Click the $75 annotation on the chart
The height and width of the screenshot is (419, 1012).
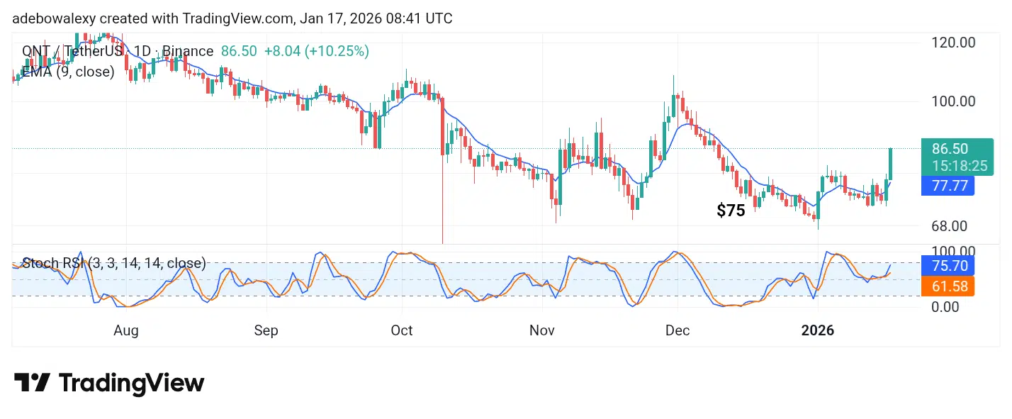coord(731,211)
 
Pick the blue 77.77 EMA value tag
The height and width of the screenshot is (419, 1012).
coord(949,186)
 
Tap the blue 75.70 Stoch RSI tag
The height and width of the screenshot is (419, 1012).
coord(949,266)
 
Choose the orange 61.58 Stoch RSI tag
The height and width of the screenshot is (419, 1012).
coord(949,286)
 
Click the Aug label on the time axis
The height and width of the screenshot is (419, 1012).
coord(125,330)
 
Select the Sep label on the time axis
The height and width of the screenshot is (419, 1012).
coord(266,330)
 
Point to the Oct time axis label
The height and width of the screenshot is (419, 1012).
coord(402,330)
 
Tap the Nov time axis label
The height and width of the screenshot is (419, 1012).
coord(543,330)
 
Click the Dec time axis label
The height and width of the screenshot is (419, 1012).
coord(678,330)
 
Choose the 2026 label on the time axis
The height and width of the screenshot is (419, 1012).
coord(817,330)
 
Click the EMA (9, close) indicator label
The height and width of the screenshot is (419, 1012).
coord(68,72)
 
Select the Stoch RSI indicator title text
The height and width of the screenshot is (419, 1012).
coord(114,264)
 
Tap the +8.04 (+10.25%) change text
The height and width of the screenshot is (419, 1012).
coord(316,51)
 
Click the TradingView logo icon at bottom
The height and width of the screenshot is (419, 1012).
coord(32,383)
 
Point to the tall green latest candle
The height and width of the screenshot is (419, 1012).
coord(890,164)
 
